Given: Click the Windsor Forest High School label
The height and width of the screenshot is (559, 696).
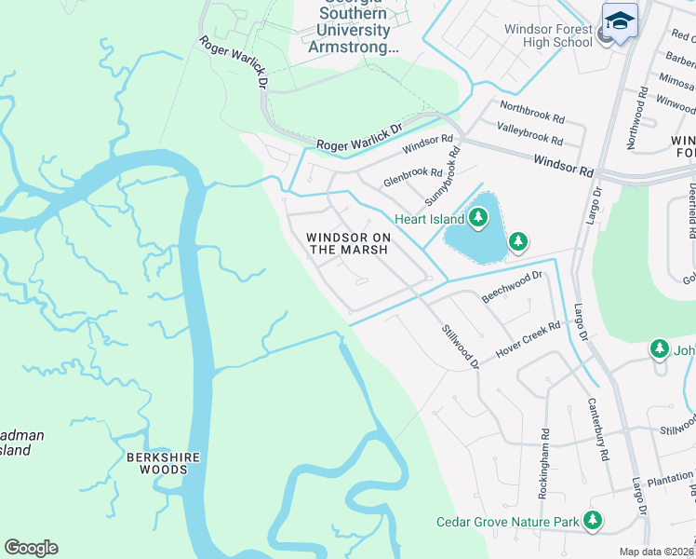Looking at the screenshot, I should click(548, 35).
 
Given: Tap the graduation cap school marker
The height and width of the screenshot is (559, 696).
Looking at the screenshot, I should click(620, 20).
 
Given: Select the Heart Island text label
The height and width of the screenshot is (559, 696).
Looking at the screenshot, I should click(429, 219).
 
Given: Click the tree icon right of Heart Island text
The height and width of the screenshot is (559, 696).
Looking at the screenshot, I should click(478, 218).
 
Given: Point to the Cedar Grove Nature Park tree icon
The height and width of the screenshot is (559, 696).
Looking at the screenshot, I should click(592, 522).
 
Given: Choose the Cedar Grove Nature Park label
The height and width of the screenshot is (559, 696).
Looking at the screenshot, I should click(508, 523).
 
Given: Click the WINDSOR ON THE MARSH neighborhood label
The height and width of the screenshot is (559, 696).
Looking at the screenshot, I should click(348, 243).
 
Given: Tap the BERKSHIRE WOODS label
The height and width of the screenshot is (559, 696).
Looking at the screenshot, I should click(157, 463).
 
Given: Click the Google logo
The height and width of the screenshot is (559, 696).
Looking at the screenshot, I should click(32, 548).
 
